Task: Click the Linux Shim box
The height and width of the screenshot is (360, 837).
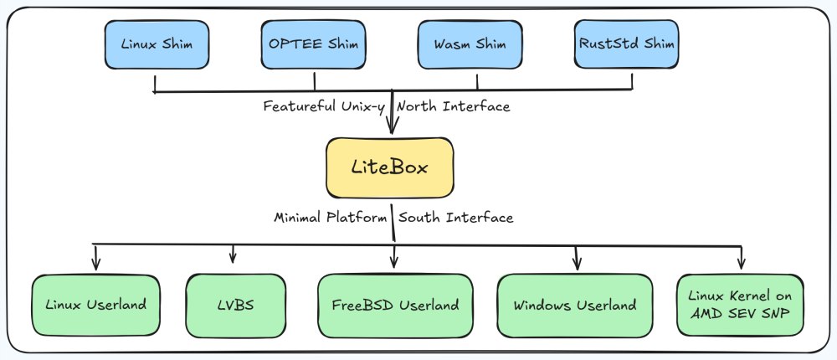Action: click(x=156, y=45)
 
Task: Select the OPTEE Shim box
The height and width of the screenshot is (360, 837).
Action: click(x=313, y=45)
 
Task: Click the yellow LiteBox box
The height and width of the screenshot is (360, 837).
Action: click(x=390, y=167)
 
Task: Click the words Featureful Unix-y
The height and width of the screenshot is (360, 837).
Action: click(x=326, y=106)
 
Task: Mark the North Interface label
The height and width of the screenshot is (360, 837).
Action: click(x=453, y=106)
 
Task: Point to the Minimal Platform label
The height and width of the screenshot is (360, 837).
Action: click(x=331, y=218)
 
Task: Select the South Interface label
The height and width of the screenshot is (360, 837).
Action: click(x=456, y=218)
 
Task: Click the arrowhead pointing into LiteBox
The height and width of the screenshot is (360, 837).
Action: click(x=391, y=127)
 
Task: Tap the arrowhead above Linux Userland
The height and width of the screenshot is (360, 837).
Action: click(x=96, y=263)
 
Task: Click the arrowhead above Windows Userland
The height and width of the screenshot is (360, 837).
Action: click(x=576, y=263)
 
